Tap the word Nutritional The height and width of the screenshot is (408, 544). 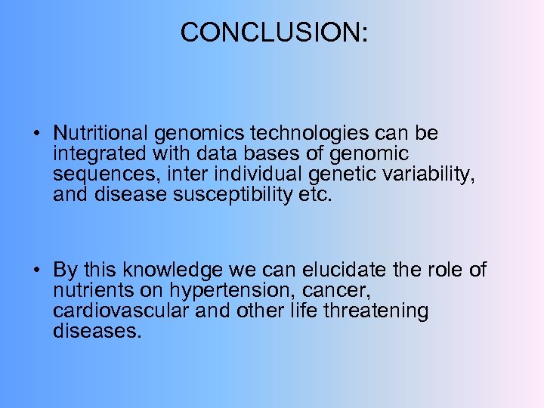click(101, 134)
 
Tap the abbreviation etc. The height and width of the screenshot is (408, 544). click(317, 195)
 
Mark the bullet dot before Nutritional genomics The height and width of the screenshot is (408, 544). click(36, 135)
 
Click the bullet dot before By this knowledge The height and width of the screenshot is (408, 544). click(36, 271)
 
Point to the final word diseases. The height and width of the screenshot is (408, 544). click(97, 331)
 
